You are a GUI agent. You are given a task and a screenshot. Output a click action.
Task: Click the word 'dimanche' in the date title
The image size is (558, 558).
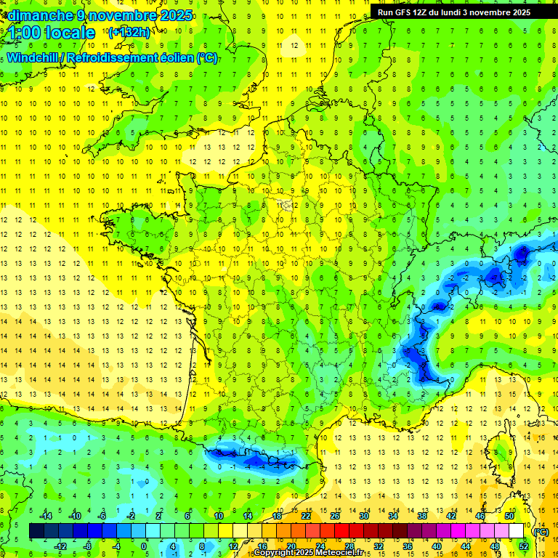tap(36, 15)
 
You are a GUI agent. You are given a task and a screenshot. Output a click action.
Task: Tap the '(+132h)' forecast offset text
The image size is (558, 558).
tap(129, 32)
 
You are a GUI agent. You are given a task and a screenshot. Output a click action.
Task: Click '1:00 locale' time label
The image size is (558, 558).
tap(52, 33)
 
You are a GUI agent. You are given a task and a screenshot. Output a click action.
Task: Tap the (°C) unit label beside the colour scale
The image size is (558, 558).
tap(541, 531)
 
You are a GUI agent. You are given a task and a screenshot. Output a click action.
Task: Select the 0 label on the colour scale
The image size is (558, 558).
tap(144, 546)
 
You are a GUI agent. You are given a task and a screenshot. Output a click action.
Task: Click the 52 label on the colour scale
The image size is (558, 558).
tap(523, 546)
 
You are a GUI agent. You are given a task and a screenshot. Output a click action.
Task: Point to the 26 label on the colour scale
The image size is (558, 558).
tap(334, 516)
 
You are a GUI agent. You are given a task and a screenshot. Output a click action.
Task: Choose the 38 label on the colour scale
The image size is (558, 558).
tap(421, 516)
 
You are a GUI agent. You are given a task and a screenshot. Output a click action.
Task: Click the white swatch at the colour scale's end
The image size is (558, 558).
tap(517, 530)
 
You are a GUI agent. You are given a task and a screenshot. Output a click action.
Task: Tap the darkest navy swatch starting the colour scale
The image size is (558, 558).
tap(36, 530)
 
